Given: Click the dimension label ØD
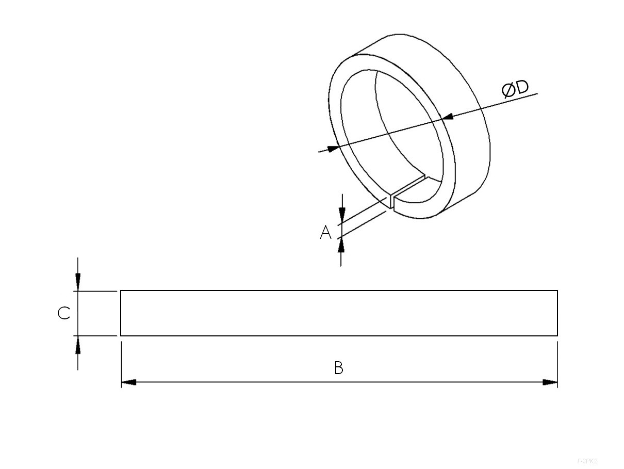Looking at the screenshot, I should tap(515, 89).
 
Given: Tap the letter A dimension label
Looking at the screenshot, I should tap(325, 233).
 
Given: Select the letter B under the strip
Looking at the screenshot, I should tap(338, 368).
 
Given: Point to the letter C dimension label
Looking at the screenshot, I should tap(63, 313).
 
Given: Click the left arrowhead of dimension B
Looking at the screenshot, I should tap(128, 382).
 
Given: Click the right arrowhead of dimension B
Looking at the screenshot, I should tap(550, 382).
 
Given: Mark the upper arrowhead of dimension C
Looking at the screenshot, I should tap(77, 282).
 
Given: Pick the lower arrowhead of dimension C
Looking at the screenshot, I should tap(77, 345).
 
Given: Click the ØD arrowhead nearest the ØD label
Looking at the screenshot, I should tap(448, 117).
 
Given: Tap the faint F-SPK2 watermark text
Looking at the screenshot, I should tap(587, 460).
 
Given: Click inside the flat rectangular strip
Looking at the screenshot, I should tap(338, 313).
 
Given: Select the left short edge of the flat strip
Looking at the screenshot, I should tap(121, 313).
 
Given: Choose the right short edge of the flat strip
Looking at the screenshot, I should tap(557, 313).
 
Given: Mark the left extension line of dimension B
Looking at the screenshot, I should tap(121, 361).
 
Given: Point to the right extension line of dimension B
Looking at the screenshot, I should tap(557, 361).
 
